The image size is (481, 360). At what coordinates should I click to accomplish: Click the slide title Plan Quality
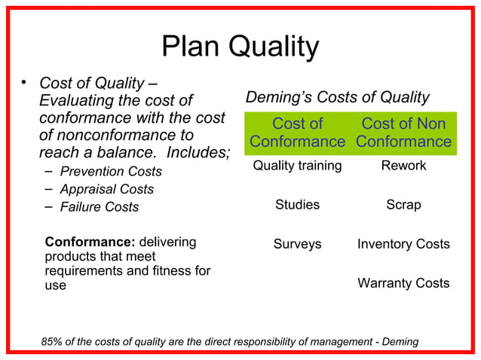click(240, 48)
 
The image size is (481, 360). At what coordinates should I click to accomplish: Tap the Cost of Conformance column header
click(297, 133)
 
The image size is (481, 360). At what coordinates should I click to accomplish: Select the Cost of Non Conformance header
click(403, 133)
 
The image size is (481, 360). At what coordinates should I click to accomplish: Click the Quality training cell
click(297, 166)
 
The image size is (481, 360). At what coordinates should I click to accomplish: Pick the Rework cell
click(403, 166)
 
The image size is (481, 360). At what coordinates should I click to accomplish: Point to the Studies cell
click(297, 205)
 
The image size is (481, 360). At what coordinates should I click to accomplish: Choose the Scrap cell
click(403, 205)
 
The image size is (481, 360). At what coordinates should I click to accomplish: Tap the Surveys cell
click(297, 244)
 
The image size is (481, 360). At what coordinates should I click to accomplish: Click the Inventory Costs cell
click(403, 244)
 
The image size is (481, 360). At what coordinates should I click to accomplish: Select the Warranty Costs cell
click(403, 283)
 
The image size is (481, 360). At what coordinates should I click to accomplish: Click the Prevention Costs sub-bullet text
click(111, 172)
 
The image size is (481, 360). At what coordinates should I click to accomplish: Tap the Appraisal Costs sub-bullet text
click(106, 190)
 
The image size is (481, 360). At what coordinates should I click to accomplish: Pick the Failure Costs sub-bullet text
click(100, 207)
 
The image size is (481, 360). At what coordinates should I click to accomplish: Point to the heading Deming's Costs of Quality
click(338, 98)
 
